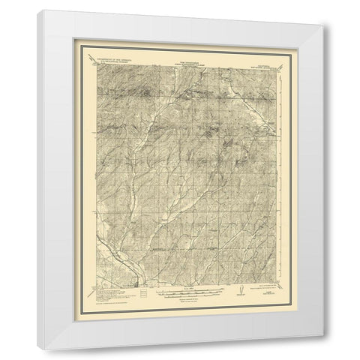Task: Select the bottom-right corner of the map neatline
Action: pos(274,283)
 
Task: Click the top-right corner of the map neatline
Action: pos(274,67)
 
